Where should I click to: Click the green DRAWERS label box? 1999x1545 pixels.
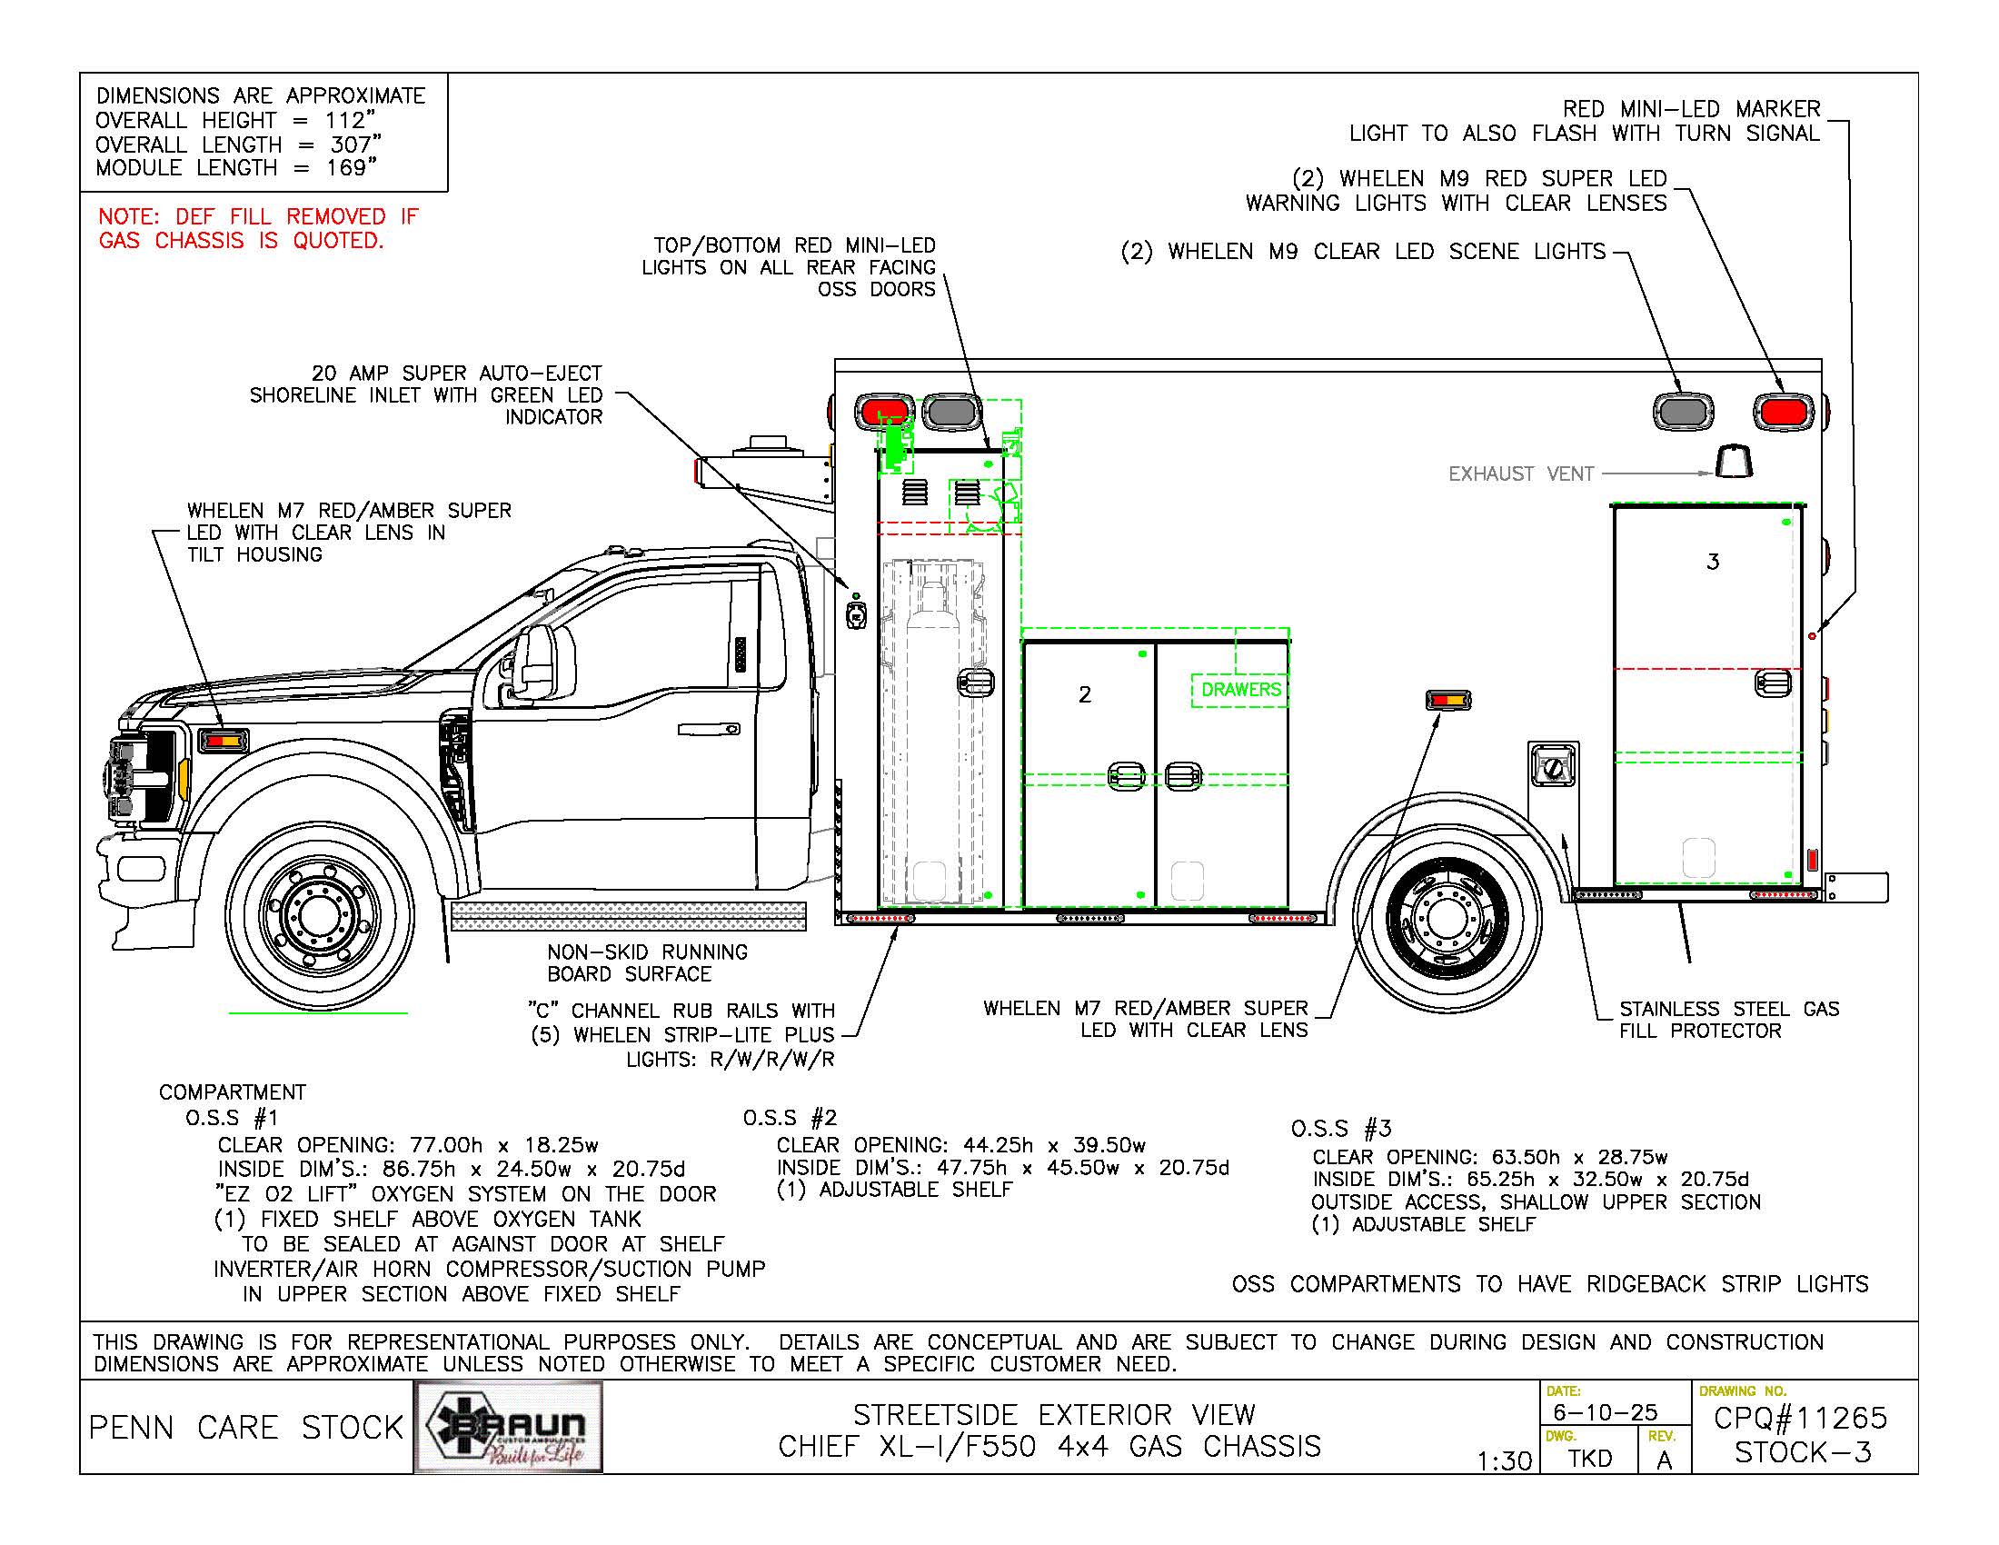1240,689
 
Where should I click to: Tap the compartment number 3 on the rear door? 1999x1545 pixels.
1713,562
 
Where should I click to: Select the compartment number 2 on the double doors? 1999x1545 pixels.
1085,694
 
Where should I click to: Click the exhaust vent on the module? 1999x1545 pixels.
1734,462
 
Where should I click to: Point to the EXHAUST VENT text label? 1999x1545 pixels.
1520,474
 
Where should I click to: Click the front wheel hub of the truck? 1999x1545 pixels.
318,912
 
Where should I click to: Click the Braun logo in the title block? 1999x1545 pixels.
509,1427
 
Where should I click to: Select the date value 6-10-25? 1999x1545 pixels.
1605,1412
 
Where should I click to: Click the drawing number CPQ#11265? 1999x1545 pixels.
1799,1418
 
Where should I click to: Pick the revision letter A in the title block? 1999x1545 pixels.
1664,1460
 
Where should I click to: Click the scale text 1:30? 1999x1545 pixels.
1504,1460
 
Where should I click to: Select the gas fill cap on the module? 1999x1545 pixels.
1553,770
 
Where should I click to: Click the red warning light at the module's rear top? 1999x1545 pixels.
1782,411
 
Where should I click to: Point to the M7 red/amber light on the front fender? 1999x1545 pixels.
224,739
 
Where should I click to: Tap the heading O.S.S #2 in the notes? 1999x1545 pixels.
789,1118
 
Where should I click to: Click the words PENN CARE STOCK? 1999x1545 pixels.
245,1427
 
